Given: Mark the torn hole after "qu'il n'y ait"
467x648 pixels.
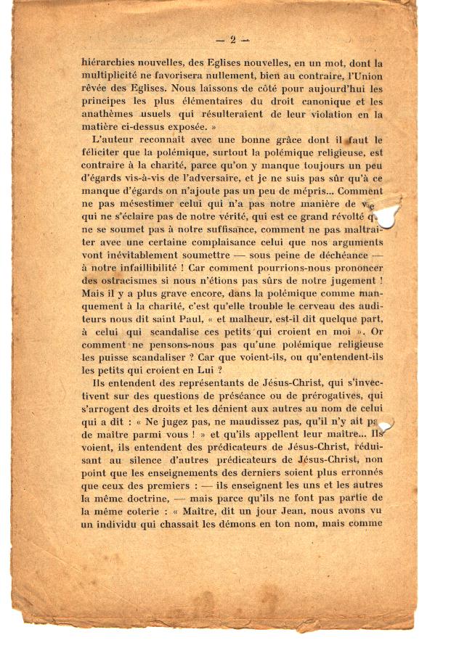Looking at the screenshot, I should coord(383,425).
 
